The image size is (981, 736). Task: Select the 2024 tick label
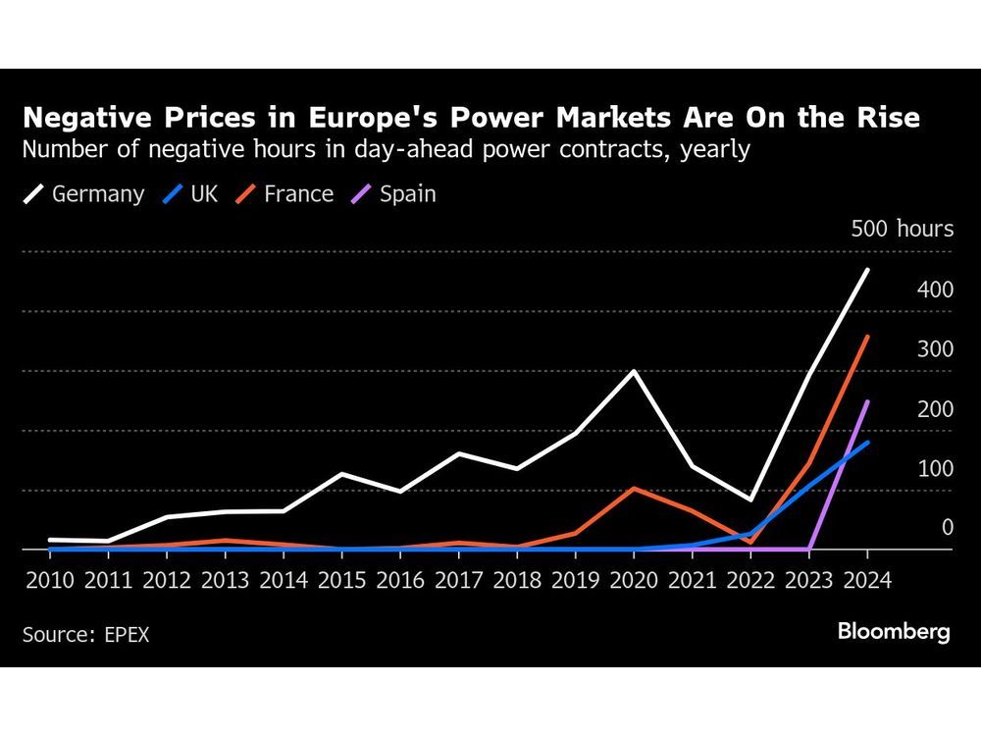click(x=867, y=579)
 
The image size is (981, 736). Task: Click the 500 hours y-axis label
click(x=902, y=230)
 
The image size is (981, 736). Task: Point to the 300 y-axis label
click(x=934, y=349)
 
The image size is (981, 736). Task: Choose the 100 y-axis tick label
click(x=934, y=468)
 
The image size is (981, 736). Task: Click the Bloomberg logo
click(x=894, y=632)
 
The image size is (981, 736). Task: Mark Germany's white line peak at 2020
click(x=634, y=371)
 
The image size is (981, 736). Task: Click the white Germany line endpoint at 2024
click(x=867, y=270)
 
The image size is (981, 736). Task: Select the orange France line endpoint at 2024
click(x=867, y=337)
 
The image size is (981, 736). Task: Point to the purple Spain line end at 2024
click(x=867, y=401)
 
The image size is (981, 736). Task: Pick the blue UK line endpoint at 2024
click(x=867, y=443)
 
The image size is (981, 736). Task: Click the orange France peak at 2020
click(x=634, y=488)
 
